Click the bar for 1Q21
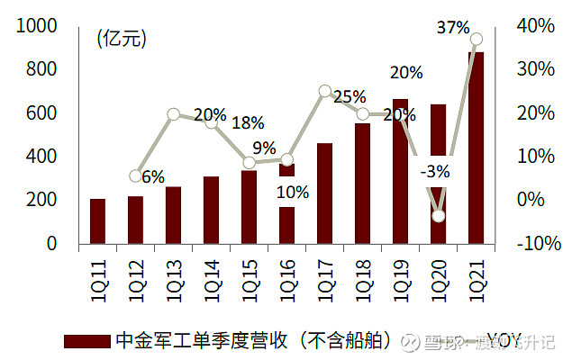click(476, 148)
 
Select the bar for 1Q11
click(97, 221)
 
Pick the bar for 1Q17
click(324, 193)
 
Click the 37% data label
click(451, 27)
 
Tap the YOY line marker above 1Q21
click(477, 39)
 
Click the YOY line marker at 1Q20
click(439, 215)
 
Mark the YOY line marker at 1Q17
click(325, 91)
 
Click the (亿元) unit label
click(122, 39)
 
